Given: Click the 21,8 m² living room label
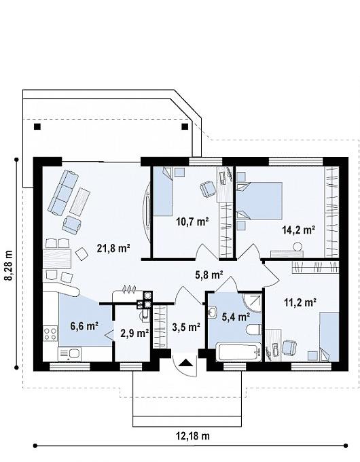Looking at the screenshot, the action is (113, 249).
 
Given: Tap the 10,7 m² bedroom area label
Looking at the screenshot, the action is (192, 221).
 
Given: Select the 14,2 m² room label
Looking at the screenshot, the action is (299, 230).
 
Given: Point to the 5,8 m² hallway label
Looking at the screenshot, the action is (209, 275).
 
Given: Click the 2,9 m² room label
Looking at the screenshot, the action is (134, 333).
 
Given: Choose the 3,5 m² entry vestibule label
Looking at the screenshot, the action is (187, 327).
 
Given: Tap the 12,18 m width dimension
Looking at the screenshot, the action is (193, 436).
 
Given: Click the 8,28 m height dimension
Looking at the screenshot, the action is (10, 266).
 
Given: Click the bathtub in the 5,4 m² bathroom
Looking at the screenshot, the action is (238, 352).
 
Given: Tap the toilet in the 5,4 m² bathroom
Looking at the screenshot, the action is (253, 330).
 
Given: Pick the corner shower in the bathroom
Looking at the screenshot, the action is (252, 302).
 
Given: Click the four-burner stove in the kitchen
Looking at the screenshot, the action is (50, 333).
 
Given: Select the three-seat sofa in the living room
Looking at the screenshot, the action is (63, 192).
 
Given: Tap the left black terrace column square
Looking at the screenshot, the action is (37, 126).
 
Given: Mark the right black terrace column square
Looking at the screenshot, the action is (185, 126).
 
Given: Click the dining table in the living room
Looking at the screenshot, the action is (58, 258).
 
